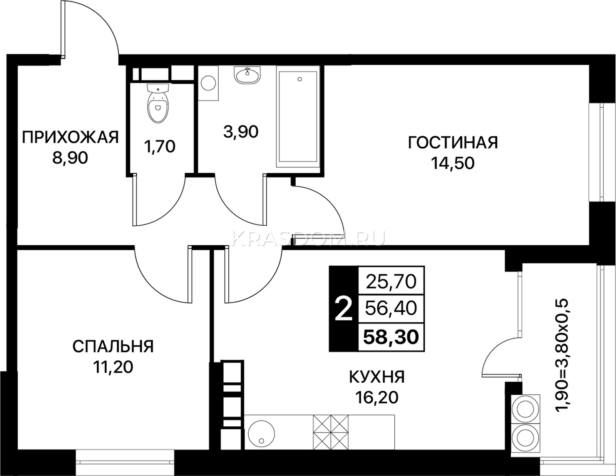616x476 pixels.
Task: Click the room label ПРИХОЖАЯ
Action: pos(70,137)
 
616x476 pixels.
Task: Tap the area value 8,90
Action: pos(70,158)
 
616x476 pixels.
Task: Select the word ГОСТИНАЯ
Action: pos(453,142)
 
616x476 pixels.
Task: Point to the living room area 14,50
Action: pos(453,163)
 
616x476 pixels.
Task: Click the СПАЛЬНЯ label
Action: pos(113,346)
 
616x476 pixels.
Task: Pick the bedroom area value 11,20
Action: pos(113,367)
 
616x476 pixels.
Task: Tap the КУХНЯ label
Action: pos(377,377)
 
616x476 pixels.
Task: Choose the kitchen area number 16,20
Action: pos(377,398)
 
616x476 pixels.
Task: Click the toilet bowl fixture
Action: pos(158,104)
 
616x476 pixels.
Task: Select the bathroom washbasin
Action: pos(248,75)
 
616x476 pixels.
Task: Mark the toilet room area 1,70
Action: pos(160,147)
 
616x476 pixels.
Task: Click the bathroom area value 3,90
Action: pos(241,132)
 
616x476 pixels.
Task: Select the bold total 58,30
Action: pos(391,337)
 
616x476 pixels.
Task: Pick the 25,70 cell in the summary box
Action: pos(391,282)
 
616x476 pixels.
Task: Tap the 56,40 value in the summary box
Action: pos(391,308)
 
